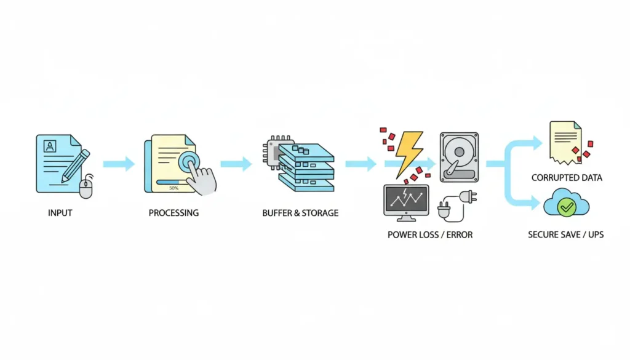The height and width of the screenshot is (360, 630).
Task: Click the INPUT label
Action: (x=60, y=213)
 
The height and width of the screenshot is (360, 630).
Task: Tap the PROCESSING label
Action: (x=173, y=213)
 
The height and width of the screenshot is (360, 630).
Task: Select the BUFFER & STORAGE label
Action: (x=300, y=213)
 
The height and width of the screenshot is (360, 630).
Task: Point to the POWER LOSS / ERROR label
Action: (x=430, y=234)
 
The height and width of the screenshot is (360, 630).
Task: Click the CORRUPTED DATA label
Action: (x=567, y=178)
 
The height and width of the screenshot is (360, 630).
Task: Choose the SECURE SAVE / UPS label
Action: (x=565, y=234)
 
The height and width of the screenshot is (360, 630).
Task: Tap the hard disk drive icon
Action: (x=458, y=156)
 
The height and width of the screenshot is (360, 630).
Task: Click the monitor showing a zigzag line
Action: (x=406, y=201)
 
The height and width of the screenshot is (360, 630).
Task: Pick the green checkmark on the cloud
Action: (x=565, y=209)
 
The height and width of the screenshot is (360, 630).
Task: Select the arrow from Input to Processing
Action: (x=118, y=164)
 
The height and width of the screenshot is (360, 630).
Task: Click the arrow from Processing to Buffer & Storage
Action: (x=236, y=164)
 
